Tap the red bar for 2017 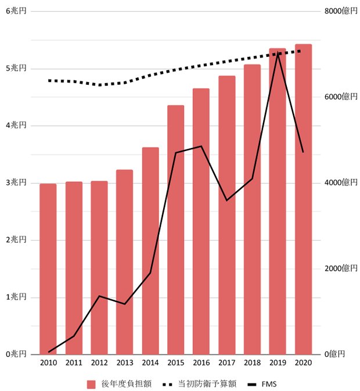(x=227, y=214)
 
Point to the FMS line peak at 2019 (x=278, y=54)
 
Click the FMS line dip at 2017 (x=227, y=200)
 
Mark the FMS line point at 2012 (x=99, y=296)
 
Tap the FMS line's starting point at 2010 (x=48, y=352)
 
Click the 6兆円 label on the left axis (x=16, y=11)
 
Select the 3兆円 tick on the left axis (x=16, y=182)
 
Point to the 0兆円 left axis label (x=16, y=354)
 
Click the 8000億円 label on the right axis (x=340, y=11)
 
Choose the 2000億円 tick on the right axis (x=340, y=268)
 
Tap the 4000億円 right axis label (x=340, y=182)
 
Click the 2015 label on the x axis (x=176, y=363)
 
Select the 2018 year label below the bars (x=253, y=363)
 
